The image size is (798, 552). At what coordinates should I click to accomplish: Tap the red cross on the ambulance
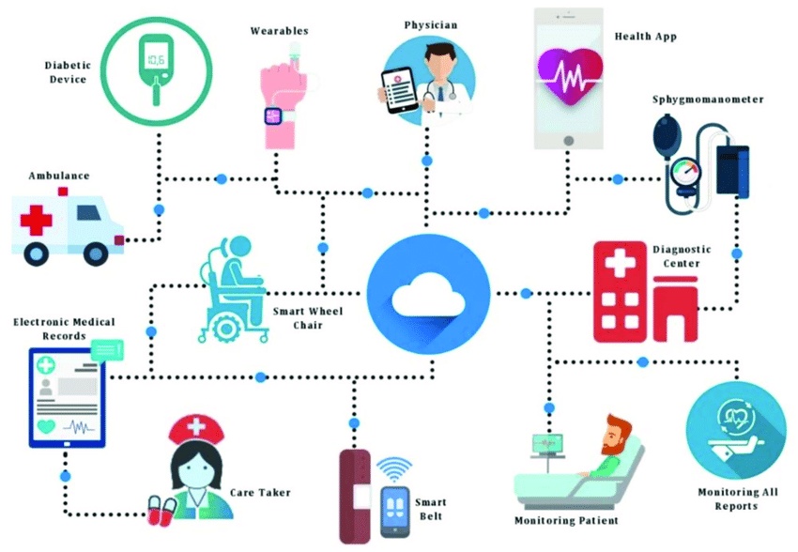point(36,221)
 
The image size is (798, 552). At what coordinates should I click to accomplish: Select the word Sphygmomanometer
point(708,100)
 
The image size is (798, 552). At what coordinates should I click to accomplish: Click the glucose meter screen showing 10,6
point(156,59)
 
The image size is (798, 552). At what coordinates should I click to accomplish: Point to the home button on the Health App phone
point(569,141)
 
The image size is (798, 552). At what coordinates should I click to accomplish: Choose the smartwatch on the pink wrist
point(273,116)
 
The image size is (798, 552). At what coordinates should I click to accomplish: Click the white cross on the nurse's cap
point(196,425)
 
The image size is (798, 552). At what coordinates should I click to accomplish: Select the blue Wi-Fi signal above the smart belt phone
point(394,469)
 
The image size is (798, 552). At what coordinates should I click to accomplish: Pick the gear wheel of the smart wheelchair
point(226,329)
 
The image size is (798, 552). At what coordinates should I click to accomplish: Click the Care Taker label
point(260,493)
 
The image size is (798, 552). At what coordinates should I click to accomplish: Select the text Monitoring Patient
point(566,520)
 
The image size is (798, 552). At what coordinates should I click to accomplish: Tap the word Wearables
point(280,31)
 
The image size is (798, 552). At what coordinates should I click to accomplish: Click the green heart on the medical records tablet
point(46,426)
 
